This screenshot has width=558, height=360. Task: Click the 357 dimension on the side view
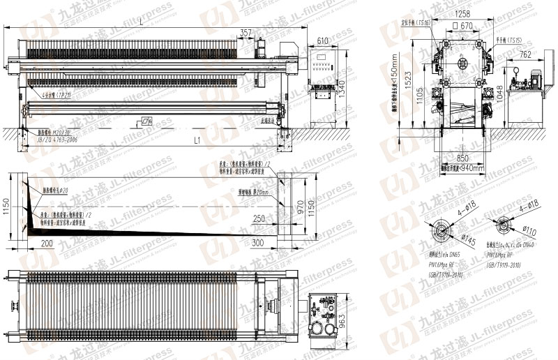coord(246,32)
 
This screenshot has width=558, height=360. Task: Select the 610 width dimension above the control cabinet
coord(322,41)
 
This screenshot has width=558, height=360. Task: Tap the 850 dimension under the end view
coord(462,157)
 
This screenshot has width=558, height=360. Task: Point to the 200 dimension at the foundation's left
coord(47,243)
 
